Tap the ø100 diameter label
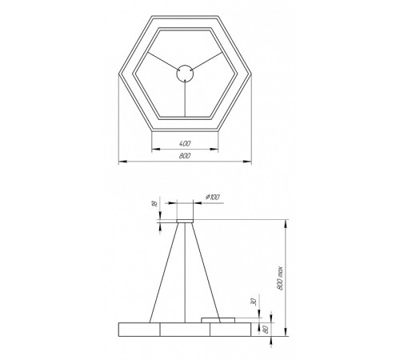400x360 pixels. pos(213,197)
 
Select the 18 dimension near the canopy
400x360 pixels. pos(153,205)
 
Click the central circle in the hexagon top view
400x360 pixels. pos(185,73)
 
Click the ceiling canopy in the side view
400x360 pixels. pos(185,214)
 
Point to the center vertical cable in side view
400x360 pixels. pos(185,272)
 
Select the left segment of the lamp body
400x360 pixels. pos(138,329)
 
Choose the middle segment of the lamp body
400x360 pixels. pos(185,329)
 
